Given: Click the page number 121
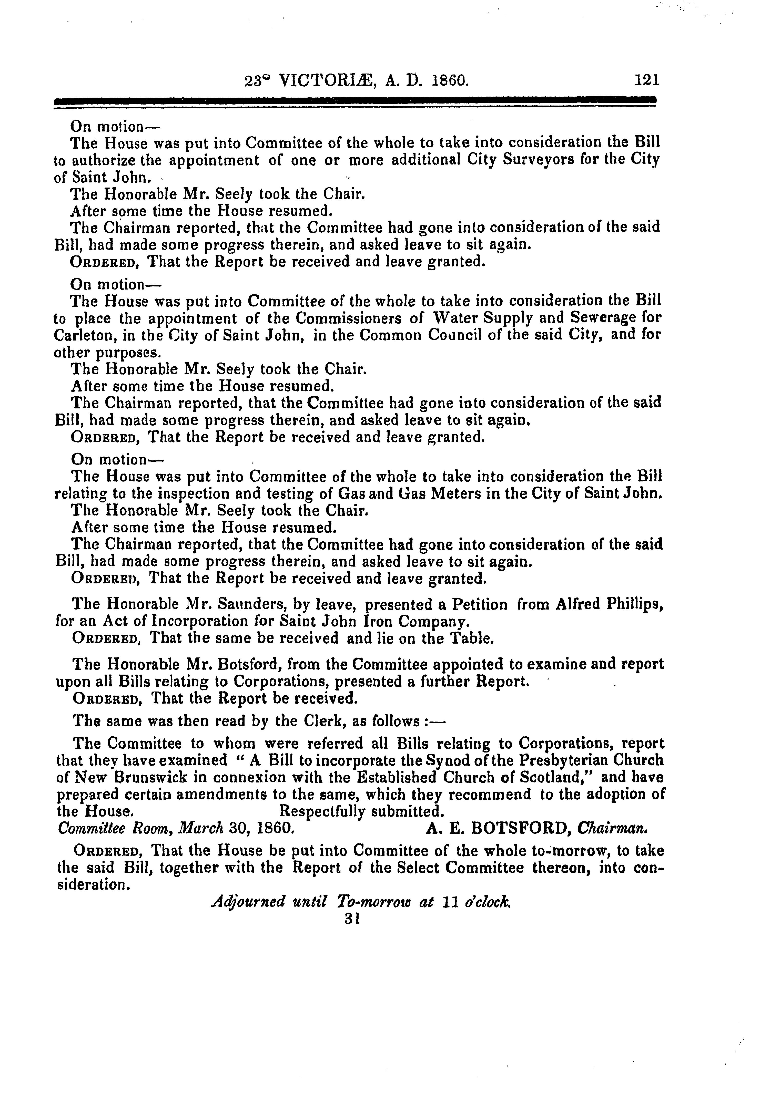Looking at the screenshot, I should click(x=647, y=79).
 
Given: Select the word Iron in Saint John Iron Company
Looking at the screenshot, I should click(x=375, y=622).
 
